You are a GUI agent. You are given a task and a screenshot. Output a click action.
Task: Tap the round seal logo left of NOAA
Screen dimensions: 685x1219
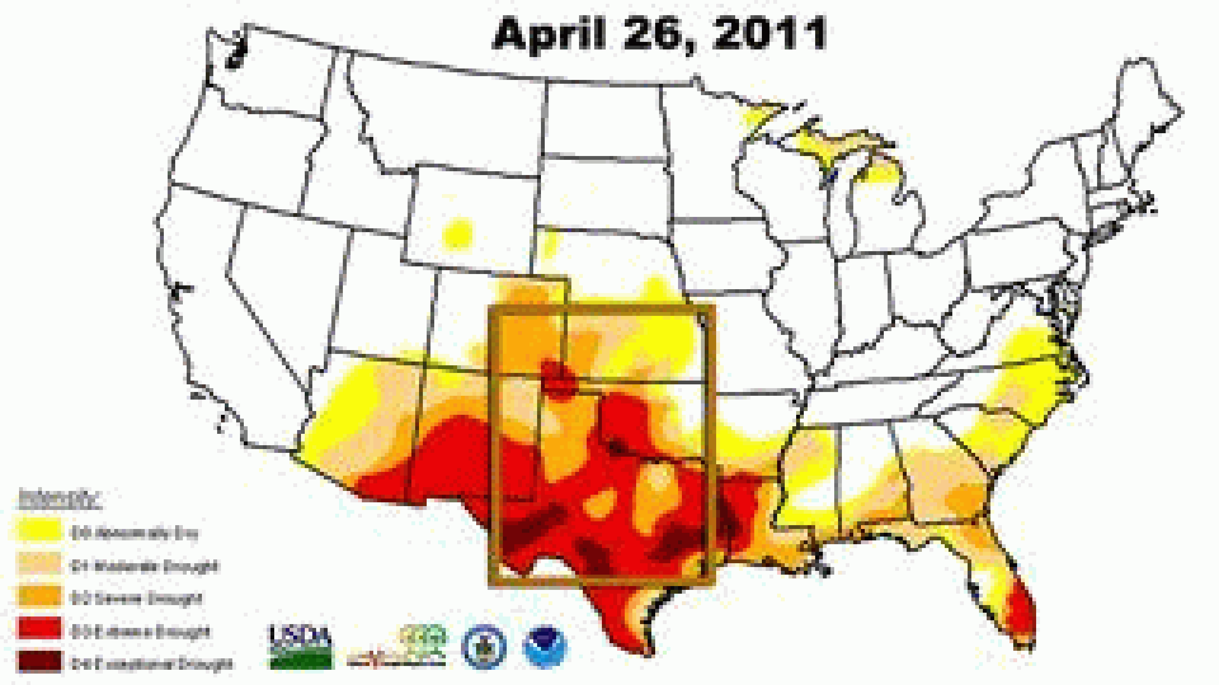483,647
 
